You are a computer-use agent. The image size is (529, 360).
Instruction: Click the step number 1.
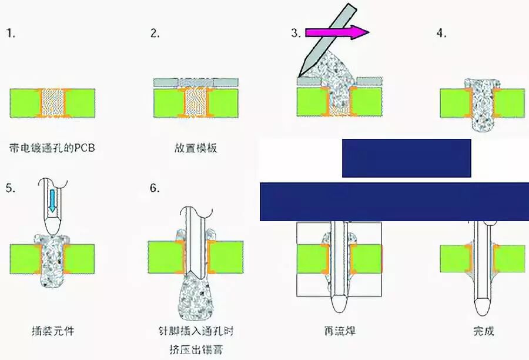(x=10, y=33)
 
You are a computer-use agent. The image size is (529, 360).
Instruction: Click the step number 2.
(x=155, y=33)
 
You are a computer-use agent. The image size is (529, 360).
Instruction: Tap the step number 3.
(x=296, y=33)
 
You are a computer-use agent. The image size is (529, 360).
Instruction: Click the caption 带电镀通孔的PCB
(x=52, y=148)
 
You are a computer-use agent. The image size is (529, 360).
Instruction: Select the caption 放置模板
(x=196, y=148)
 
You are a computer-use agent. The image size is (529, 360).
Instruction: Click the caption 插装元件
(x=53, y=331)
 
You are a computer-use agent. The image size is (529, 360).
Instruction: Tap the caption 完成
(x=483, y=331)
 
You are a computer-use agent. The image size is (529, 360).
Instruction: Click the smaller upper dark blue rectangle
(x=406, y=158)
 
